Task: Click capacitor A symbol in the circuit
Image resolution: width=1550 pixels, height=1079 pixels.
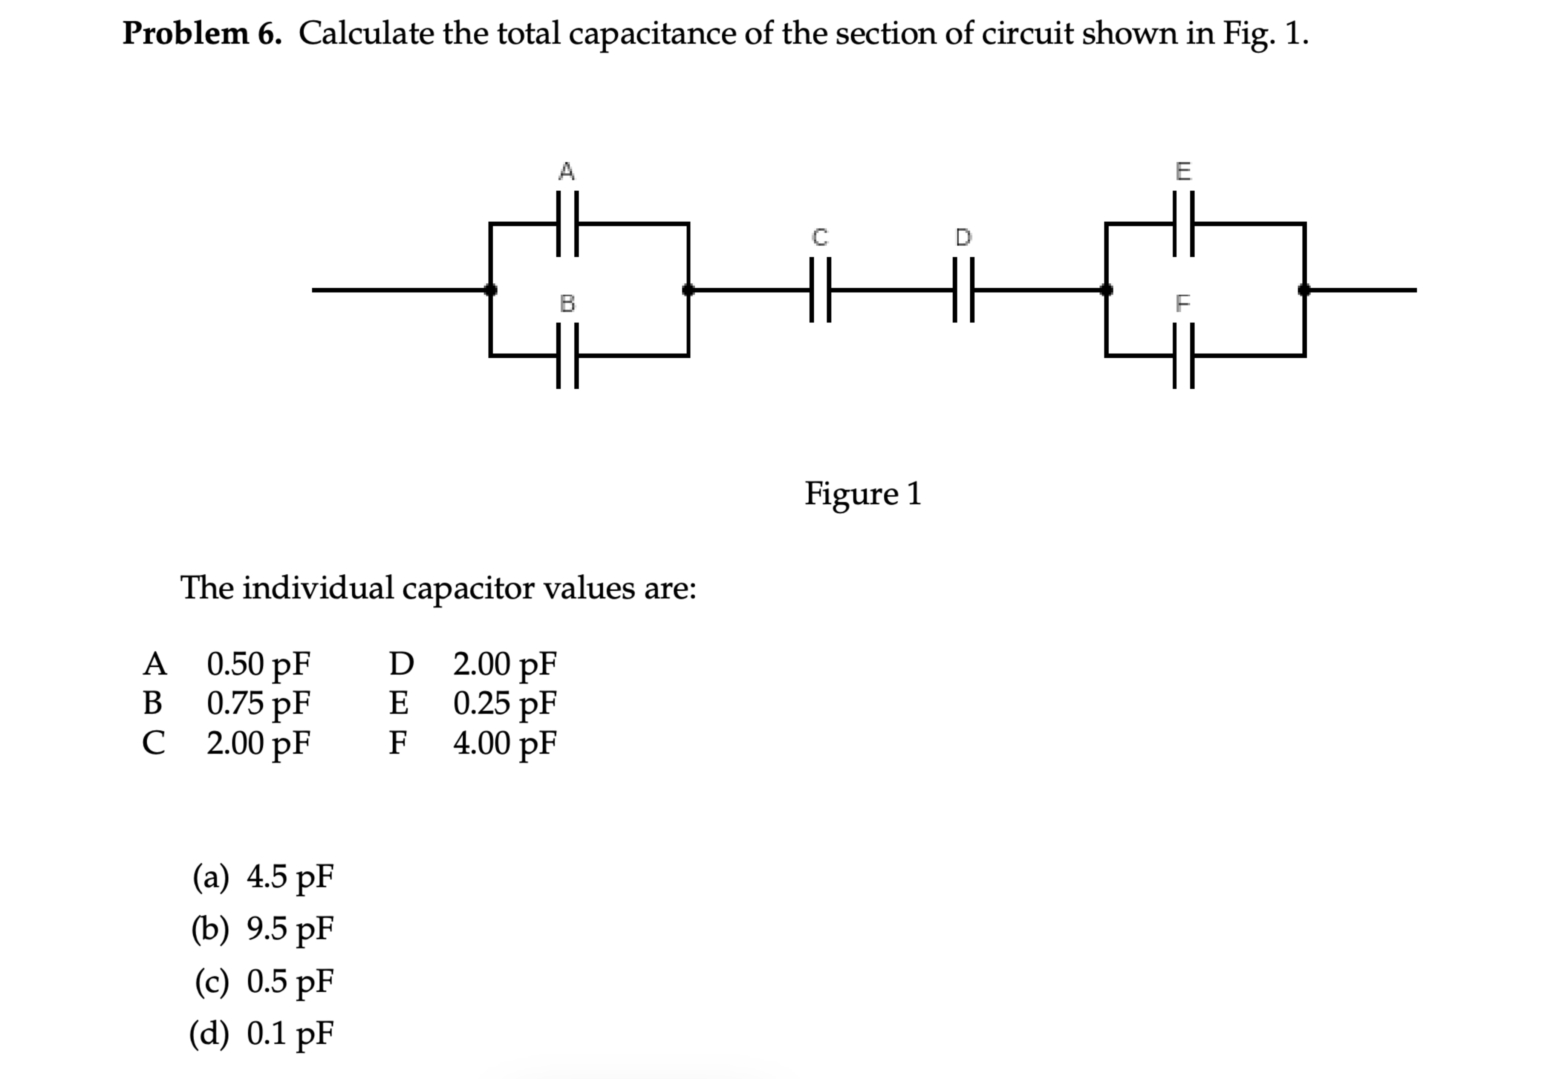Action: tap(567, 223)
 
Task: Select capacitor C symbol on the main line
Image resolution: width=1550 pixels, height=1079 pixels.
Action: tap(820, 290)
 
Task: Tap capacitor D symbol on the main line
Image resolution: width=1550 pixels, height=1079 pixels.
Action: tap(963, 290)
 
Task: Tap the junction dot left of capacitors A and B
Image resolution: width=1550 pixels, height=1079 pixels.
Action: tap(491, 290)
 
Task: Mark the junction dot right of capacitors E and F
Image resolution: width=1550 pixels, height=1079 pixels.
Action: tap(1304, 290)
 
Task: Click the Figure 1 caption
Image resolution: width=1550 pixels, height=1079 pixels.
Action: tap(862, 494)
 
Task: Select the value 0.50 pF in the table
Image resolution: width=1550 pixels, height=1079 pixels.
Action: tap(258, 664)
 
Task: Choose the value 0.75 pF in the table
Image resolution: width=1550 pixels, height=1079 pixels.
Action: tap(258, 703)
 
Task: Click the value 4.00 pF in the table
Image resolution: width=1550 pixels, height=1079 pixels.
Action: tap(504, 743)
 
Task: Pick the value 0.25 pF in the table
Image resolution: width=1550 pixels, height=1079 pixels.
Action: tap(504, 703)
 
